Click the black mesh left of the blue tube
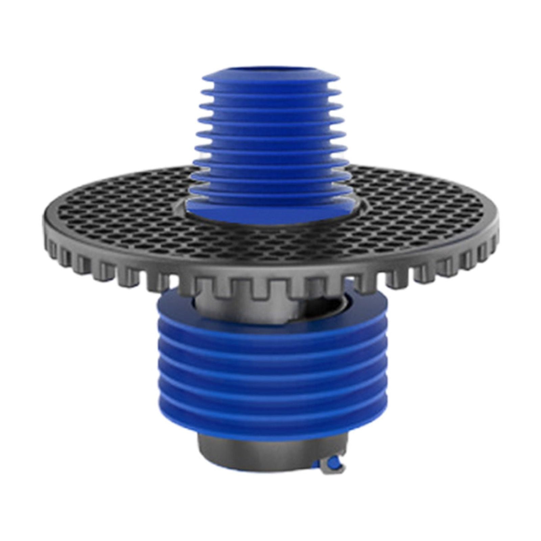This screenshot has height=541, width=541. [118, 210]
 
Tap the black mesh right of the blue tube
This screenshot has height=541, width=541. [423, 210]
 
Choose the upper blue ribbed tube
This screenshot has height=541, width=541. [270, 135]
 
